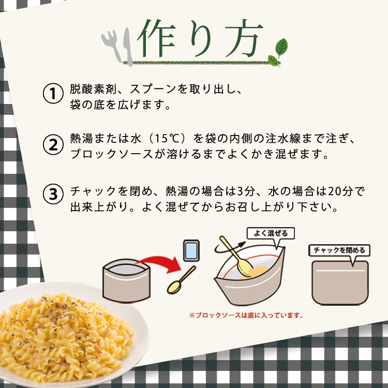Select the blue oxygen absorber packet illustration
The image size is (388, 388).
point(190,251)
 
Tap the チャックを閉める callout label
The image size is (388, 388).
point(339,250)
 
